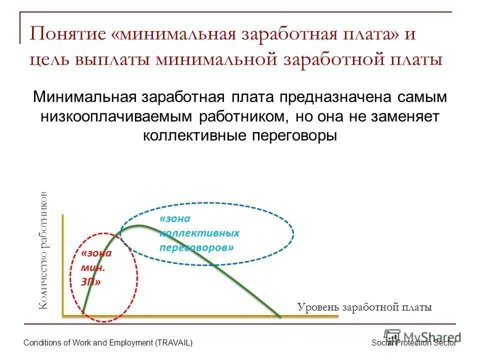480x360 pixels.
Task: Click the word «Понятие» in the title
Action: (x=68, y=35)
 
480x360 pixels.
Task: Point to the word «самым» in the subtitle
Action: (x=423, y=97)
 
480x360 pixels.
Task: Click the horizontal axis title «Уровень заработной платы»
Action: (x=364, y=307)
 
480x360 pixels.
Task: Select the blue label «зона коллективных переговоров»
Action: (x=199, y=233)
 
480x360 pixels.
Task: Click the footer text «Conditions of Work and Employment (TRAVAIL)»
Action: (x=108, y=342)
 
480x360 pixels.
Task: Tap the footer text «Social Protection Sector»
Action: (x=414, y=342)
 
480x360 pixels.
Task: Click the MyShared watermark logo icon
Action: (x=392, y=336)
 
